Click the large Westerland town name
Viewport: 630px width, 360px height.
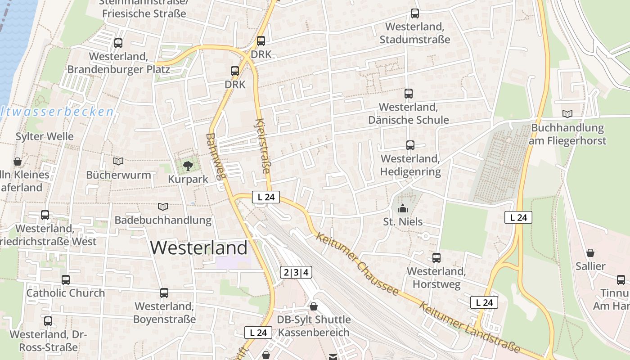coord(199,248)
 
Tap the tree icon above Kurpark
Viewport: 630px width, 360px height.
coord(188,166)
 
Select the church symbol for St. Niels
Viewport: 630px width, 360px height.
coord(403,208)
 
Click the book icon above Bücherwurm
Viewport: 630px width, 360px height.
coord(118,161)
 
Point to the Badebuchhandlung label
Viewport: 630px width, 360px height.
coord(163,220)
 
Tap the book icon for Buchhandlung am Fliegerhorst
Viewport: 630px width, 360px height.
coord(568,114)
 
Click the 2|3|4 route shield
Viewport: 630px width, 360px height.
coord(296,272)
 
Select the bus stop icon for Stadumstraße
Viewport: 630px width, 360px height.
coord(414,14)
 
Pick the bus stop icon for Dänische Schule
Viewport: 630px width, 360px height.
coord(409,94)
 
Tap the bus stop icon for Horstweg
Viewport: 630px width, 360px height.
coord(436,258)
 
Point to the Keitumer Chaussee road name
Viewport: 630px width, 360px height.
coord(358,264)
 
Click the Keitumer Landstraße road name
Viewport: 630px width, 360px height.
coord(469,327)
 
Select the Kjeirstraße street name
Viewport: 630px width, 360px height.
coord(264,146)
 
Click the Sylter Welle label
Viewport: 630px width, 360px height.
coord(45,136)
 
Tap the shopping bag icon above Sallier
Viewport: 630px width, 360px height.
coord(590,253)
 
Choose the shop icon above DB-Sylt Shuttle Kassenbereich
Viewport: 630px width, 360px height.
coord(314,306)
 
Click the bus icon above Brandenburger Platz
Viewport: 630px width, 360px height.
coord(118,43)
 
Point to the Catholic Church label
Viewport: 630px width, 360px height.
coord(66,293)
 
